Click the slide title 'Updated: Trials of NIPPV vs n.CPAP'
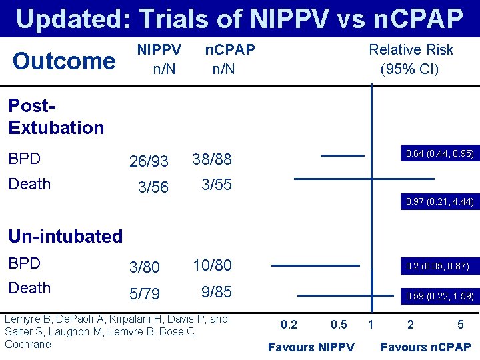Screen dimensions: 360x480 click(239, 19)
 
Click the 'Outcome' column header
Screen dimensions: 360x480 click(64, 61)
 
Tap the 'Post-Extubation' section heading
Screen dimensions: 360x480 click(56, 117)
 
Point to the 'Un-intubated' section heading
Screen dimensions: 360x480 click(65, 236)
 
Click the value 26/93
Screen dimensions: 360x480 click(149, 162)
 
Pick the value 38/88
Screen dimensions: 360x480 click(212, 159)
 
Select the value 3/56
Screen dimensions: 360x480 click(153, 187)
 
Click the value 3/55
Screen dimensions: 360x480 click(217, 185)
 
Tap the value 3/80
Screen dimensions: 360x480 click(145, 267)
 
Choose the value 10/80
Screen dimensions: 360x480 click(212, 265)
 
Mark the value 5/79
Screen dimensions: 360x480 click(145, 294)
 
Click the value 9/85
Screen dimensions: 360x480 click(217, 291)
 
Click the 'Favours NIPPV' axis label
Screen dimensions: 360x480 click(311, 347)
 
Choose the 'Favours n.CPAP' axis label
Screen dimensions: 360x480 click(425, 347)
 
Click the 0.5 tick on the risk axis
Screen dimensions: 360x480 click(339, 325)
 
